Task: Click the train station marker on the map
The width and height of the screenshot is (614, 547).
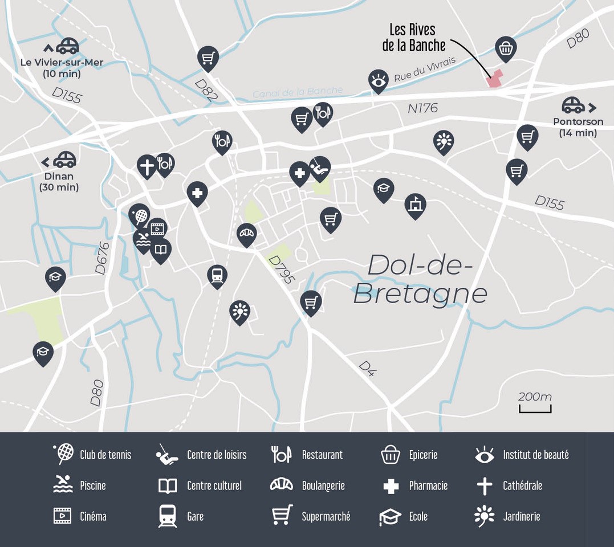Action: point(217,275)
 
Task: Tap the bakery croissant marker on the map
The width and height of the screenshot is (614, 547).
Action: point(247,233)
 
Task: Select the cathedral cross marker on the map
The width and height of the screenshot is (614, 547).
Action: point(147,166)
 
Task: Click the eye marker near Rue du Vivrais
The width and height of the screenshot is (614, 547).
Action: point(377,80)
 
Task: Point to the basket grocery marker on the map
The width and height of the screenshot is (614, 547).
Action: point(506,49)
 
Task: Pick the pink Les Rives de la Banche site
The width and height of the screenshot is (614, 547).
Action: point(494,79)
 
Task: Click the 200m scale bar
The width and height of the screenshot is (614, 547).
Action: point(535,408)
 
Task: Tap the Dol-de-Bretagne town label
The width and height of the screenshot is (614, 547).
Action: point(421,279)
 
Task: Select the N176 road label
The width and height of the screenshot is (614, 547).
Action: point(422,108)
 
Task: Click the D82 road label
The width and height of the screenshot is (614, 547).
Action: point(206,90)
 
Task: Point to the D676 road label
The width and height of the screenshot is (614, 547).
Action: point(101,258)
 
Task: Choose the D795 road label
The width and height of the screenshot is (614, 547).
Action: point(281,270)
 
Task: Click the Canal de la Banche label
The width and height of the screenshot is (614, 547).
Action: point(298,91)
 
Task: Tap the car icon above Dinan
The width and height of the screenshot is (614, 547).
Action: point(64,158)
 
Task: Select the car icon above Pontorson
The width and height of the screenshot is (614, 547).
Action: point(574,105)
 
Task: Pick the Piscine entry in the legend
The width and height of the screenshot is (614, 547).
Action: point(93,485)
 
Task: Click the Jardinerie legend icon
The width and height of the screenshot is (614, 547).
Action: point(484,516)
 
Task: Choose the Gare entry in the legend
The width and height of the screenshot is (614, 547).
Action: point(195,516)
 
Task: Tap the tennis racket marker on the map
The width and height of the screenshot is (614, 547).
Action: point(139,215)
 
